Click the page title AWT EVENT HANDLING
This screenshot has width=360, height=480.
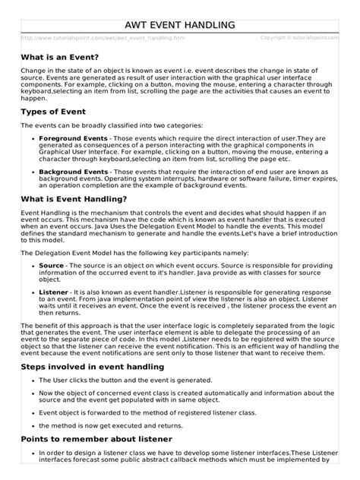click(179, 27)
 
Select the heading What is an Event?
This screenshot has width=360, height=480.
click(60, 57)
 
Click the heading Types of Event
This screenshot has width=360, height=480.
click(55, 111)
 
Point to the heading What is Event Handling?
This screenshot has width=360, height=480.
click(74, 198)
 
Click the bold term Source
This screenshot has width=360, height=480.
click(52, 266)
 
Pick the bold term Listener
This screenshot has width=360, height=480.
click(54, 292)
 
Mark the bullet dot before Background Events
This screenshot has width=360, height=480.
click(32, 172)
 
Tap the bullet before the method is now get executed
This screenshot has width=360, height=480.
click(32, 425)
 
